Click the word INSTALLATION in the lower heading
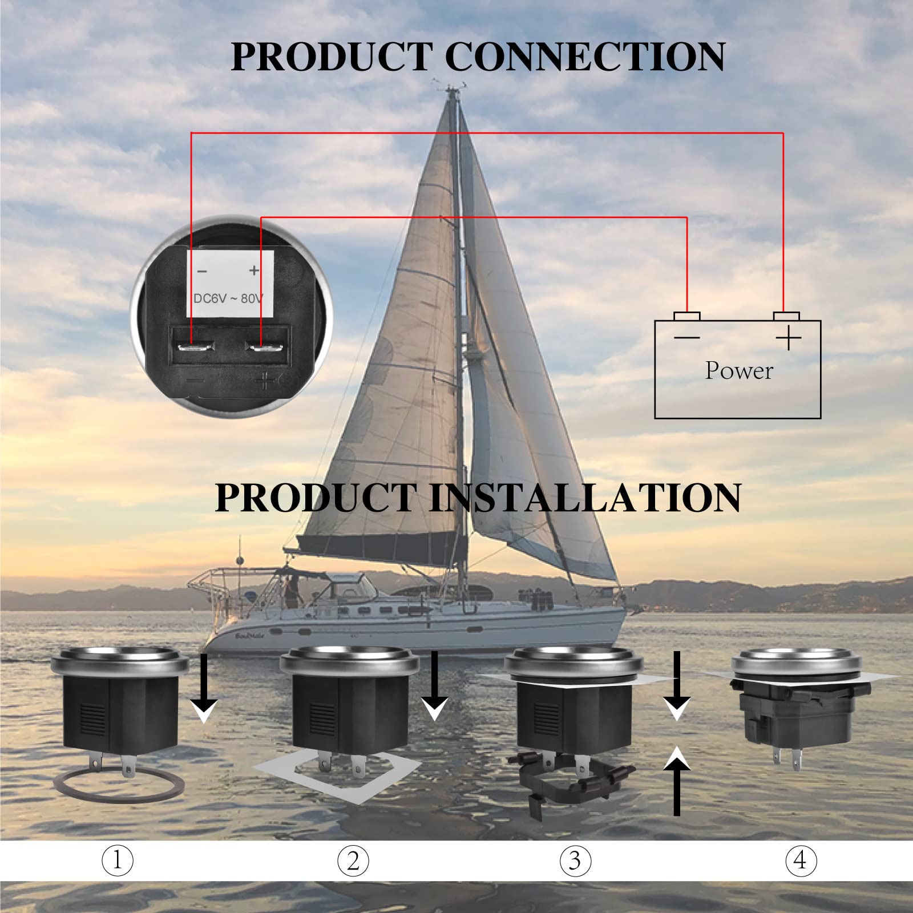[x=585, y=498]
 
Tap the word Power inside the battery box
[x=739, y=371]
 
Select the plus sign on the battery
[x=789, y=338]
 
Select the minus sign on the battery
[x=686, y=338]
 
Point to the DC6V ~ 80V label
[x=228, y=298]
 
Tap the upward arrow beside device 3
[x=677, y=781]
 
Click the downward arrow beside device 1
[x=204, y=688]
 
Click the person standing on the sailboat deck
[x=292, y=593]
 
